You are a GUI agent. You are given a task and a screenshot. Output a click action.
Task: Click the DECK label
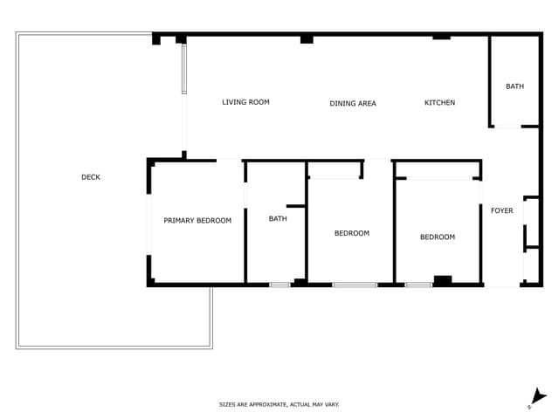coord(91,177)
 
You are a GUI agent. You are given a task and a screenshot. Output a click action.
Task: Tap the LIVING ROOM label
coord(245,102)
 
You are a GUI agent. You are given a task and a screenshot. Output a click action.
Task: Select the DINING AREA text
coord(353,103)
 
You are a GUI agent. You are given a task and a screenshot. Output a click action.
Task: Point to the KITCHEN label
coord(439,103)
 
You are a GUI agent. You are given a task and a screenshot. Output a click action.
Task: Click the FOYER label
coord(502,210)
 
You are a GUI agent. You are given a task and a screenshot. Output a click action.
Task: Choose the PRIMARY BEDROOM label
coord(197,221)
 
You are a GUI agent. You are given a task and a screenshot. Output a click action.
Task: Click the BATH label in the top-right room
coord(514,86)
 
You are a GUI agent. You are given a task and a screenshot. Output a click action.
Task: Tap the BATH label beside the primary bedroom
coord(278,219)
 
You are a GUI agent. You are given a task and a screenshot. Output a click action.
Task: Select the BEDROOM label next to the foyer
coord(438,237)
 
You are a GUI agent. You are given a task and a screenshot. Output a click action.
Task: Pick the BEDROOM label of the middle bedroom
coord(352,233)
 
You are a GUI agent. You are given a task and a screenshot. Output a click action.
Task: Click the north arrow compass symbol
coord(538,398)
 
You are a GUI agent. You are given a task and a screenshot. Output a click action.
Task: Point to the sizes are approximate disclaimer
coord(279,404)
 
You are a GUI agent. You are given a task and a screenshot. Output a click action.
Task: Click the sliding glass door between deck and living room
coord(184,69)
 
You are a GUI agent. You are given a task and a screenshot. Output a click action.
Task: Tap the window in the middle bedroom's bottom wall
coord(355,285)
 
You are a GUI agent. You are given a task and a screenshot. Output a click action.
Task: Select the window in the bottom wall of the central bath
coord(279,285)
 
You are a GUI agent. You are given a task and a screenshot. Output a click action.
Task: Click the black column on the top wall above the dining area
coord(307,39)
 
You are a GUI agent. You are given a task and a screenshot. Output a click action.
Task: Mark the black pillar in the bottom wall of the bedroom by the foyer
coord(443,280)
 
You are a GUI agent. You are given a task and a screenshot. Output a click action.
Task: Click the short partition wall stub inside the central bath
coord(296,206)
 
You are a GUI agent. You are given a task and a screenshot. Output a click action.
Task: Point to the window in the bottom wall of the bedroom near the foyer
coord(419,285)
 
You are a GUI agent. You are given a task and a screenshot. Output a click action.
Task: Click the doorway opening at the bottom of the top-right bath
coord(507,127)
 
